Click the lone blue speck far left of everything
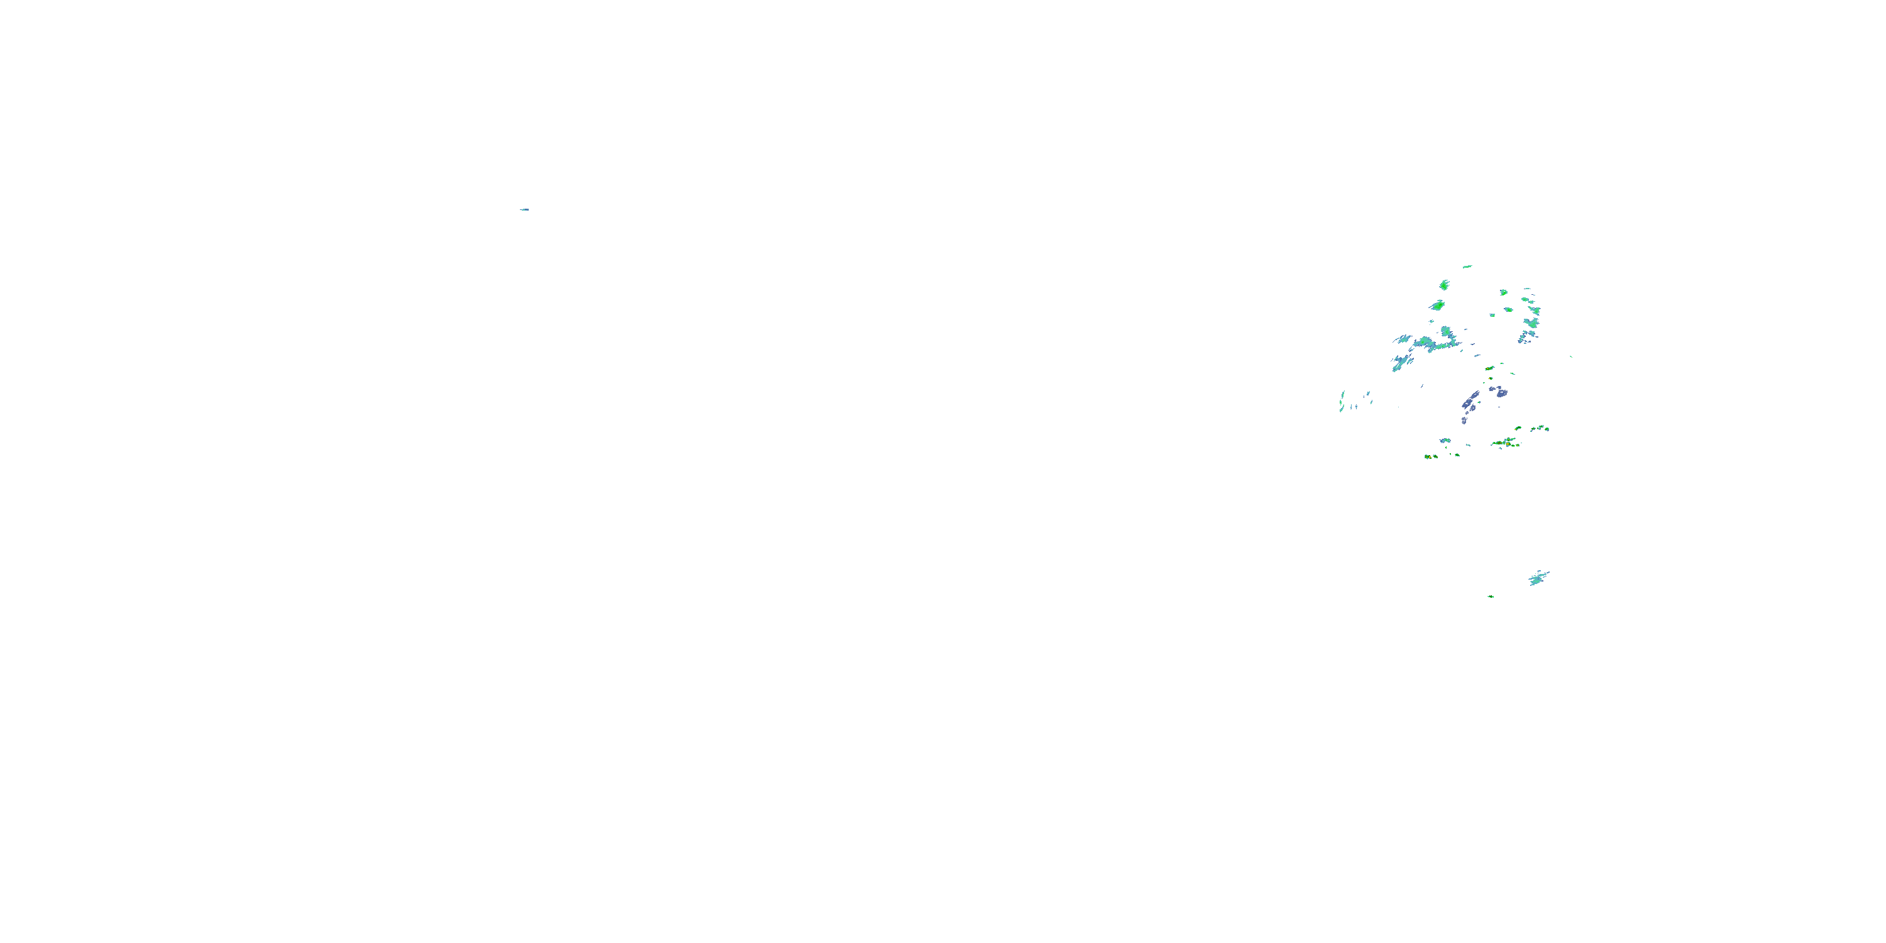coord(524,209)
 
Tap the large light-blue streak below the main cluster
coord(1538,578)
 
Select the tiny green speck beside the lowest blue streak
coord(1491,597)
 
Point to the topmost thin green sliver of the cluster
coord(1467,267)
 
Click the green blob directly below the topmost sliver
coord(1445,284)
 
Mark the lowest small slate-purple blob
coord(1464,420)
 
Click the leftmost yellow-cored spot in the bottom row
coord(1428,456)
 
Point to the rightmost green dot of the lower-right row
coord(1547,429)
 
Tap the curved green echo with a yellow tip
coord(1518,428)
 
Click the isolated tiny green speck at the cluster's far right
coord(1571,356)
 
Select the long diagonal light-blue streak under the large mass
coord(1402,361)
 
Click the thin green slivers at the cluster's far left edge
coord(1342,400)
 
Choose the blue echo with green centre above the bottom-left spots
coord(1445,441)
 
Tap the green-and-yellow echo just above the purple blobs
coord(1489,368)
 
